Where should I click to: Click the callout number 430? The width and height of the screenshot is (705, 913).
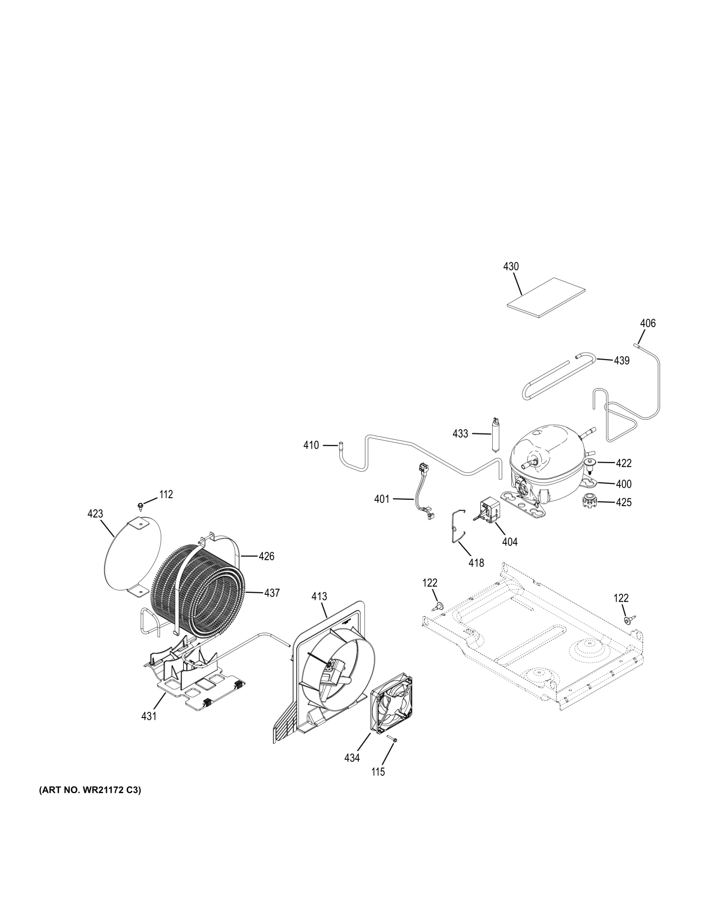pyautogui.click(x=511, y=266)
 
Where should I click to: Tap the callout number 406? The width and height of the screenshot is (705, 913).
pyautogui.click(x=648, y=323)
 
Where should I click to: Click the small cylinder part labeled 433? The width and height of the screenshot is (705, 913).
pyautogui.click(x=496, y=433)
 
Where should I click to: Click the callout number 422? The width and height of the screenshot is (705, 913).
pyautogui.click(x=623, y=463)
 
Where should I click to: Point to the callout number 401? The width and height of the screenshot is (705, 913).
pyautogui.click(x=382, y=499)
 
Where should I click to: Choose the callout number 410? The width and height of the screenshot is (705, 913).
pyautogui.click(x=311, y=445)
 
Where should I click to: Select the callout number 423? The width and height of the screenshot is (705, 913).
pyautogui.click(x=96, y=514)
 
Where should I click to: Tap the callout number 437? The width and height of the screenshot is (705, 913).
pyautogui.click(x=272, y=593)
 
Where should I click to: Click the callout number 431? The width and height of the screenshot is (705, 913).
pyautogui.click(x=149, y=716)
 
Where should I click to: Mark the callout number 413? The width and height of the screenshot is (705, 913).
pyautogui.click(x=319, y=596)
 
